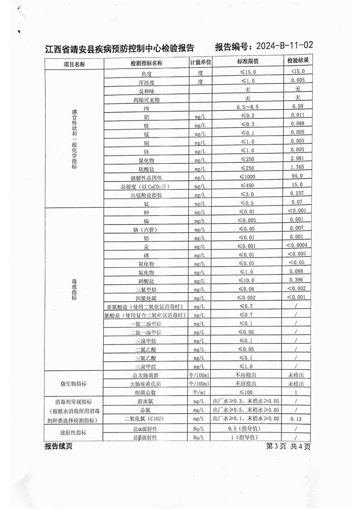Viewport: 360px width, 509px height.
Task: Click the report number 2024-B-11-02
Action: click(x=285, y=46)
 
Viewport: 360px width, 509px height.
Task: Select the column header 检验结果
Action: click(x=298, y=61)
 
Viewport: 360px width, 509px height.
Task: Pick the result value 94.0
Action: click(x=298, y=176)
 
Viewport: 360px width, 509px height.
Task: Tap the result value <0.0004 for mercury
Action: click(x=298, y=245)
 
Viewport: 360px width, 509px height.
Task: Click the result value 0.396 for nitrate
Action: click(x=298, y=280)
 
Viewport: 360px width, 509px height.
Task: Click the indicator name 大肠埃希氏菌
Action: click(x=146, y=384)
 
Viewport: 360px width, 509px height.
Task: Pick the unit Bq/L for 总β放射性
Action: click(x=200, y=437)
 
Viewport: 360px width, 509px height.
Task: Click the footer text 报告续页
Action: click(x=59, y=447)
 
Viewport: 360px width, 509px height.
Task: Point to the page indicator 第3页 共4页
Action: click(x=289, y=447)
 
